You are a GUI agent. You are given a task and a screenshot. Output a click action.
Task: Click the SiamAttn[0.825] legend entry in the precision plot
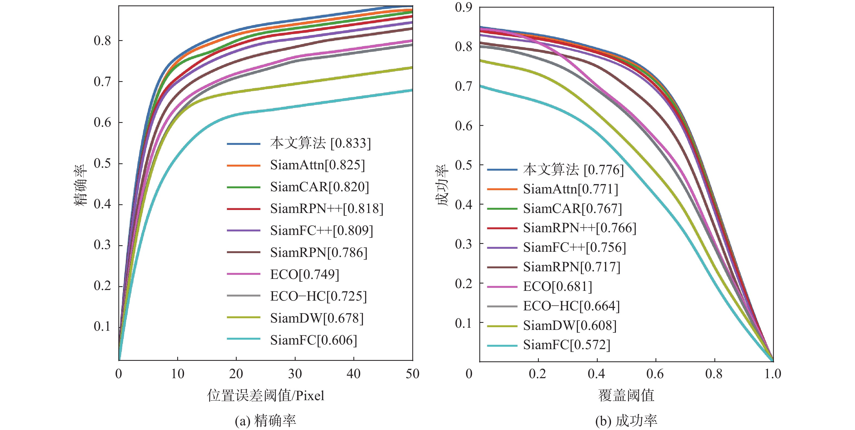317,165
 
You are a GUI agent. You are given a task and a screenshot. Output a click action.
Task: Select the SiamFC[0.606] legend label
313,340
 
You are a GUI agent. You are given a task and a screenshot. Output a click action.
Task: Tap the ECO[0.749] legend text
304,274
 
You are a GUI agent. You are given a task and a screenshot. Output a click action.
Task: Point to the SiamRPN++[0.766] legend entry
579,228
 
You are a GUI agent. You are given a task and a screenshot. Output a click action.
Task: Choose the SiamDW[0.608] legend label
569,326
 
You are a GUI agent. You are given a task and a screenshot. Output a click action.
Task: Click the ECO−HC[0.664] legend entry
571,306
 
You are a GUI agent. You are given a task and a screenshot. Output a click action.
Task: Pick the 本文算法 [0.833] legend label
320,143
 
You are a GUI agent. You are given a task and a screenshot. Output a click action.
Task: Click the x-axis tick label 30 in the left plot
295,374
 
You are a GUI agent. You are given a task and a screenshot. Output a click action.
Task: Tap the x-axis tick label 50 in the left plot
412,374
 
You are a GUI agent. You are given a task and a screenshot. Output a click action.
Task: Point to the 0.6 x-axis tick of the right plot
655,374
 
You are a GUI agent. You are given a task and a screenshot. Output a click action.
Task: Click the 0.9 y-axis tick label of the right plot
463,7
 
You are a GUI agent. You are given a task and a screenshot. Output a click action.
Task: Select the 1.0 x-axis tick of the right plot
773,374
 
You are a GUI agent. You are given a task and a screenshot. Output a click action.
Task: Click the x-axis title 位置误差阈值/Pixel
265,396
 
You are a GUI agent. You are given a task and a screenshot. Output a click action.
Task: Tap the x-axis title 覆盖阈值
626,396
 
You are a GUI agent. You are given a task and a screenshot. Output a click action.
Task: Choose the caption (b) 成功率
626,421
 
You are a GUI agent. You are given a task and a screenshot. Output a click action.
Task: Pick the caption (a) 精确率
265,421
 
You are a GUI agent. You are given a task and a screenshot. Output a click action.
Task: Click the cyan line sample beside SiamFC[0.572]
502,346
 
